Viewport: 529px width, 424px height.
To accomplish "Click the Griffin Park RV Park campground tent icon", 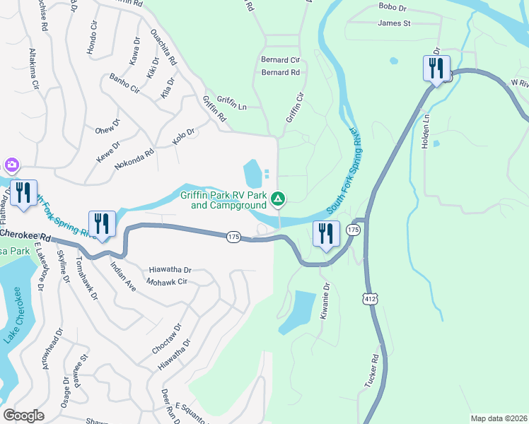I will pyautogui.click(x=279, y=200).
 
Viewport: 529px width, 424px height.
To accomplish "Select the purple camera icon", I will pyautogui.click(x=11, y=166).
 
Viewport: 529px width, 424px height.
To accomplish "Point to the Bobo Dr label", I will pyautogui.click(x=393, y=8).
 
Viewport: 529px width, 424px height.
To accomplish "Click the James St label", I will pyautogui.click(x=394, y=23).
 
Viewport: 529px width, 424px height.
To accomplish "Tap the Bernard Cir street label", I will pyautogui.click(x=281, y=60).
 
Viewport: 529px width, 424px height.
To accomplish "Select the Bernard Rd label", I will pyautogui.click(x=281, y=72).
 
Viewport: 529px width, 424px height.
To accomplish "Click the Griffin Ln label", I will pyautogui.click(x=232, y=107).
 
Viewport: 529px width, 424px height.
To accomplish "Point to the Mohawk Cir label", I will pyautogui.click(x=167, y=281).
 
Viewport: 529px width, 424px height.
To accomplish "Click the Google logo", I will pyautogui.click(x=23, y=416).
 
